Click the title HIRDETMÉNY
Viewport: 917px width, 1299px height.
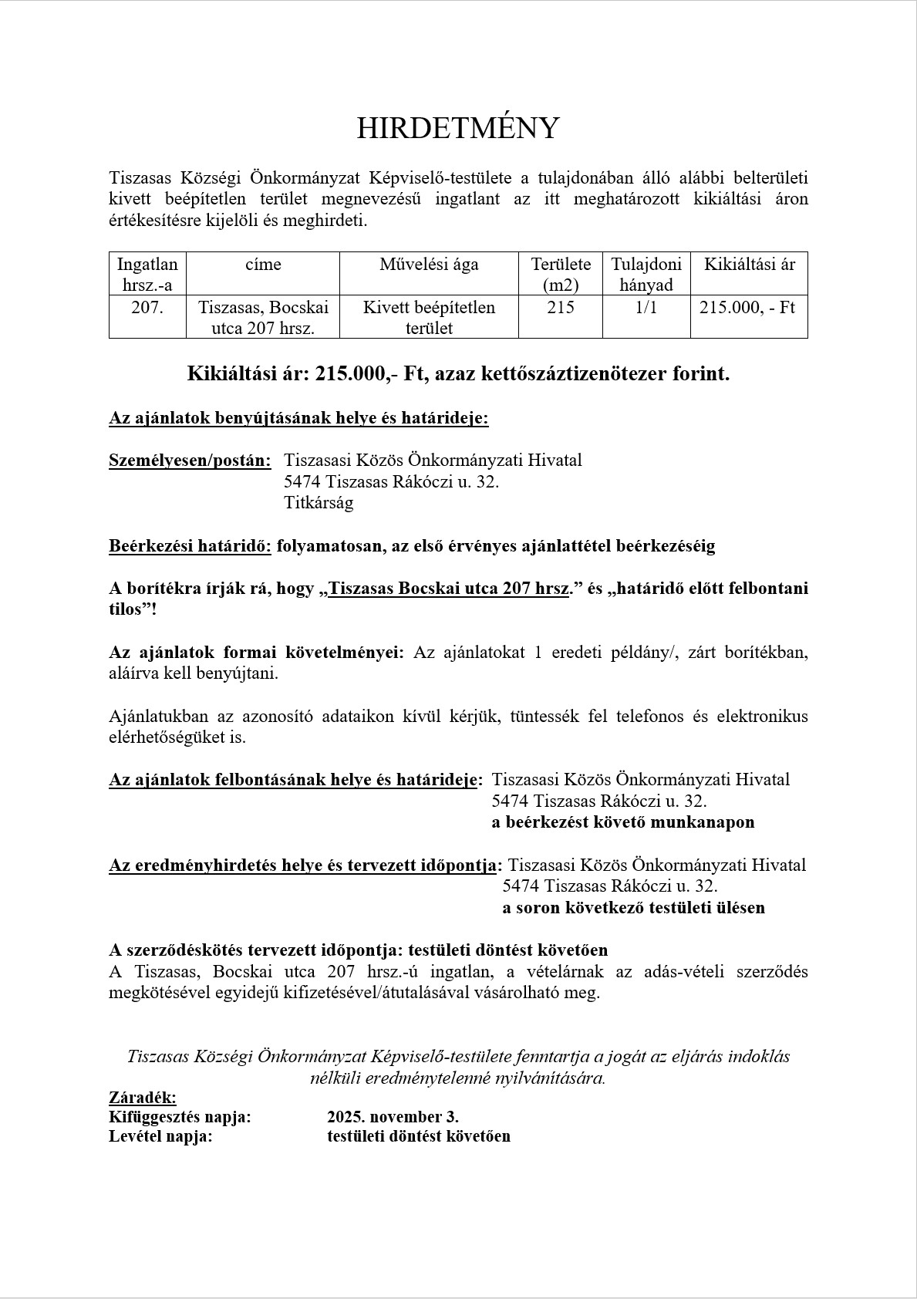pos(457,128)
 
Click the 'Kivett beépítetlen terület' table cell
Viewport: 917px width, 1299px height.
pos(429,317)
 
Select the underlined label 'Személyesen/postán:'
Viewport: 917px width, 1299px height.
pos(190,461)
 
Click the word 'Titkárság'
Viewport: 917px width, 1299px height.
pos(319,503)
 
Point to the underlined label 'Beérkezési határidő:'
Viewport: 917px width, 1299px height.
pos(190,546)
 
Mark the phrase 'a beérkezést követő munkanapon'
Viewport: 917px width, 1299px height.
pos(622,822)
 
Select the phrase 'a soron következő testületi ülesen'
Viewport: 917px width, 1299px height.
pos(633,908)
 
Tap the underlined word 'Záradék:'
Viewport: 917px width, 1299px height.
pos(143,1097)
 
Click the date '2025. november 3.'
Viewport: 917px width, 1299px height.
pos(393,1117)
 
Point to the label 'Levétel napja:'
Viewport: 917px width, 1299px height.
pos(160,1136)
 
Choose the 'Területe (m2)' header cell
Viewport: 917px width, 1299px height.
pos(561,274)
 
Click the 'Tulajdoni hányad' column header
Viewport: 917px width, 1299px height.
pos(646,274)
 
